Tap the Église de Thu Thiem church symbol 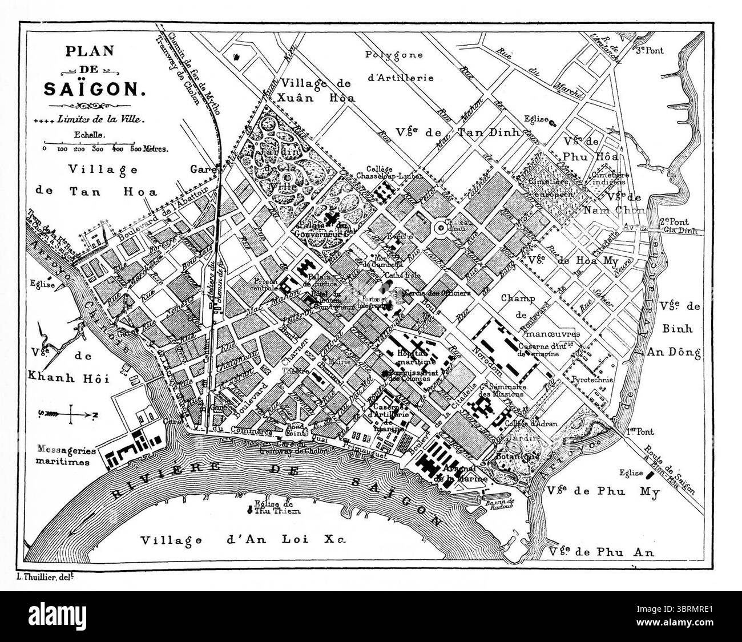249,510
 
